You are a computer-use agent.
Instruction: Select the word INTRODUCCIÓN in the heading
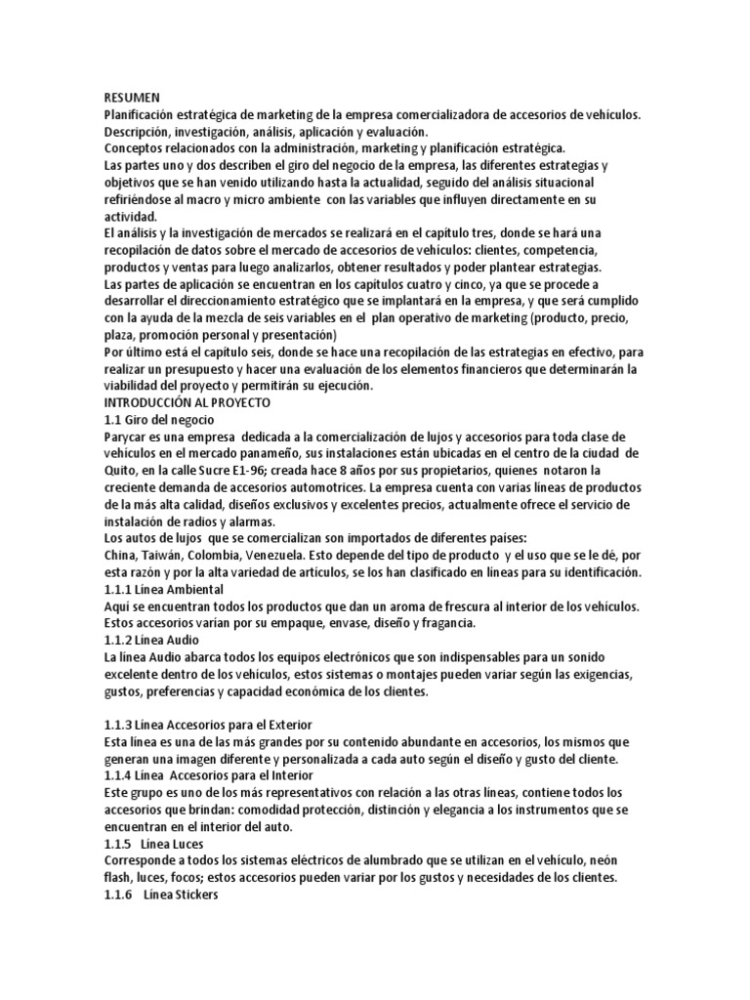tap(154, 402)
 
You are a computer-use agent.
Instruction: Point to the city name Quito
tap(123, 471)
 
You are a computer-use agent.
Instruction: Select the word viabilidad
tap(137, 386)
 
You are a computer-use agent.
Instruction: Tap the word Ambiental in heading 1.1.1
tap(193, 590)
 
